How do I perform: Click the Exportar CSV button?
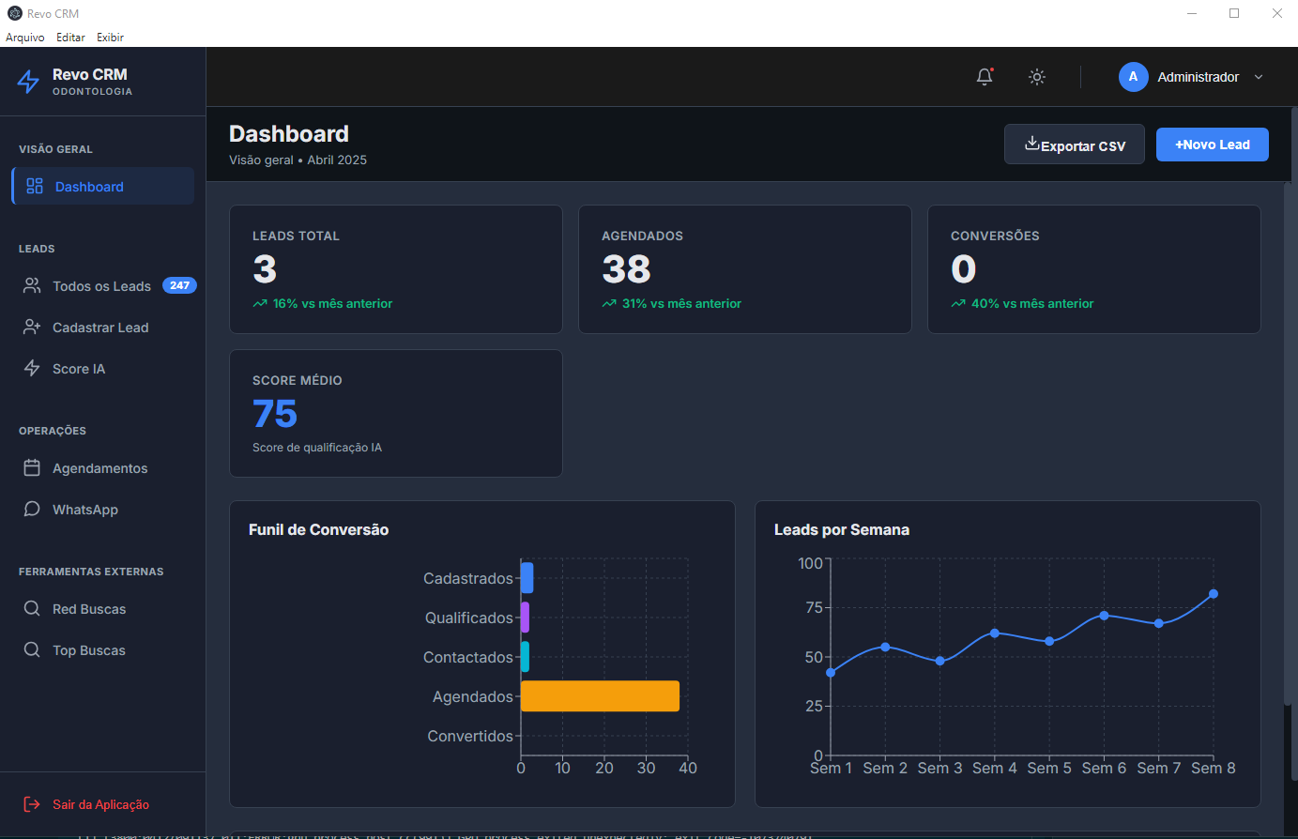(x=1074, y=145)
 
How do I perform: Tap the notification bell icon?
(x=984, y=77)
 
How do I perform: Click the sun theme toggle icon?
(x=1036, y=77)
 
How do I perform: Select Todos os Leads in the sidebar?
(x=101, y=286)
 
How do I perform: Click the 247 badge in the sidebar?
(x=179, y=285)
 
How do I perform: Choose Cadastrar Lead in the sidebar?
(x=100, y=328)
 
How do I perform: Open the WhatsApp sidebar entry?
(x=84, y=510)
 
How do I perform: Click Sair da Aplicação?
(x=100, y=804)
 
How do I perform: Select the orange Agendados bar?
(x=600, y=696)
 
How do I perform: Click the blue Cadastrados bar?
(x=527, y=578)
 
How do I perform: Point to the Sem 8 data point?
(x=1213, y=594)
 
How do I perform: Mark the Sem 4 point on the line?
(x=994, y=633)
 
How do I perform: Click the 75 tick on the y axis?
(x=814, y=607)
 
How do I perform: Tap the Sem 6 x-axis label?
(x=1104, y=768)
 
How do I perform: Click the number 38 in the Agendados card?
(x=626, y=270)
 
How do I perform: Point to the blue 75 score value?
(x=275, y=414)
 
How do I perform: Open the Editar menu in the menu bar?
(x=70, y=38)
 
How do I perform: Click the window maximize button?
(x=1234, y=13)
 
